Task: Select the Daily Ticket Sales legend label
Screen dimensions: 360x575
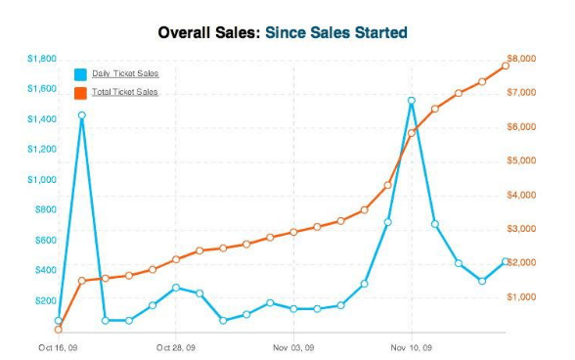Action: click(x=125, y=74)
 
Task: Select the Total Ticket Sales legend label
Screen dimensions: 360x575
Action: click(x=125, y=92)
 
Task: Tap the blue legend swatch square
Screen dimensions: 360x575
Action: click(x=81, y=74)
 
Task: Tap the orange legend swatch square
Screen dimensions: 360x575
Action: click(x=81, y=92)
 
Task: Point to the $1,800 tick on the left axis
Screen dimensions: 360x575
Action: click(x=43, y=59)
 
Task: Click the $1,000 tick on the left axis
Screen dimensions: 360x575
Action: click(x=43, y=179)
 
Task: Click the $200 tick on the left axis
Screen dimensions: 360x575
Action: click(x=46, y=299)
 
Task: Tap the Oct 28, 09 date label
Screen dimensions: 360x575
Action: click(x=176, y=346)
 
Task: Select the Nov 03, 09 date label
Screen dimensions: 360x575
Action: click(x=293, y=346)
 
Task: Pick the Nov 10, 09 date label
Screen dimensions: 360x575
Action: click(x=411, y=346)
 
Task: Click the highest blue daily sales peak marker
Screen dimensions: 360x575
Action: click(x=412, y=101)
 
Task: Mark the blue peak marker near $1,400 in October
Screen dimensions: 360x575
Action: click(x=82, y=115)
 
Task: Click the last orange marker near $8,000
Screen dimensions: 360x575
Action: click(x=506, y=66)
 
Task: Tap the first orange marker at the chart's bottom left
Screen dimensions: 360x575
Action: click(x=59, y=330)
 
